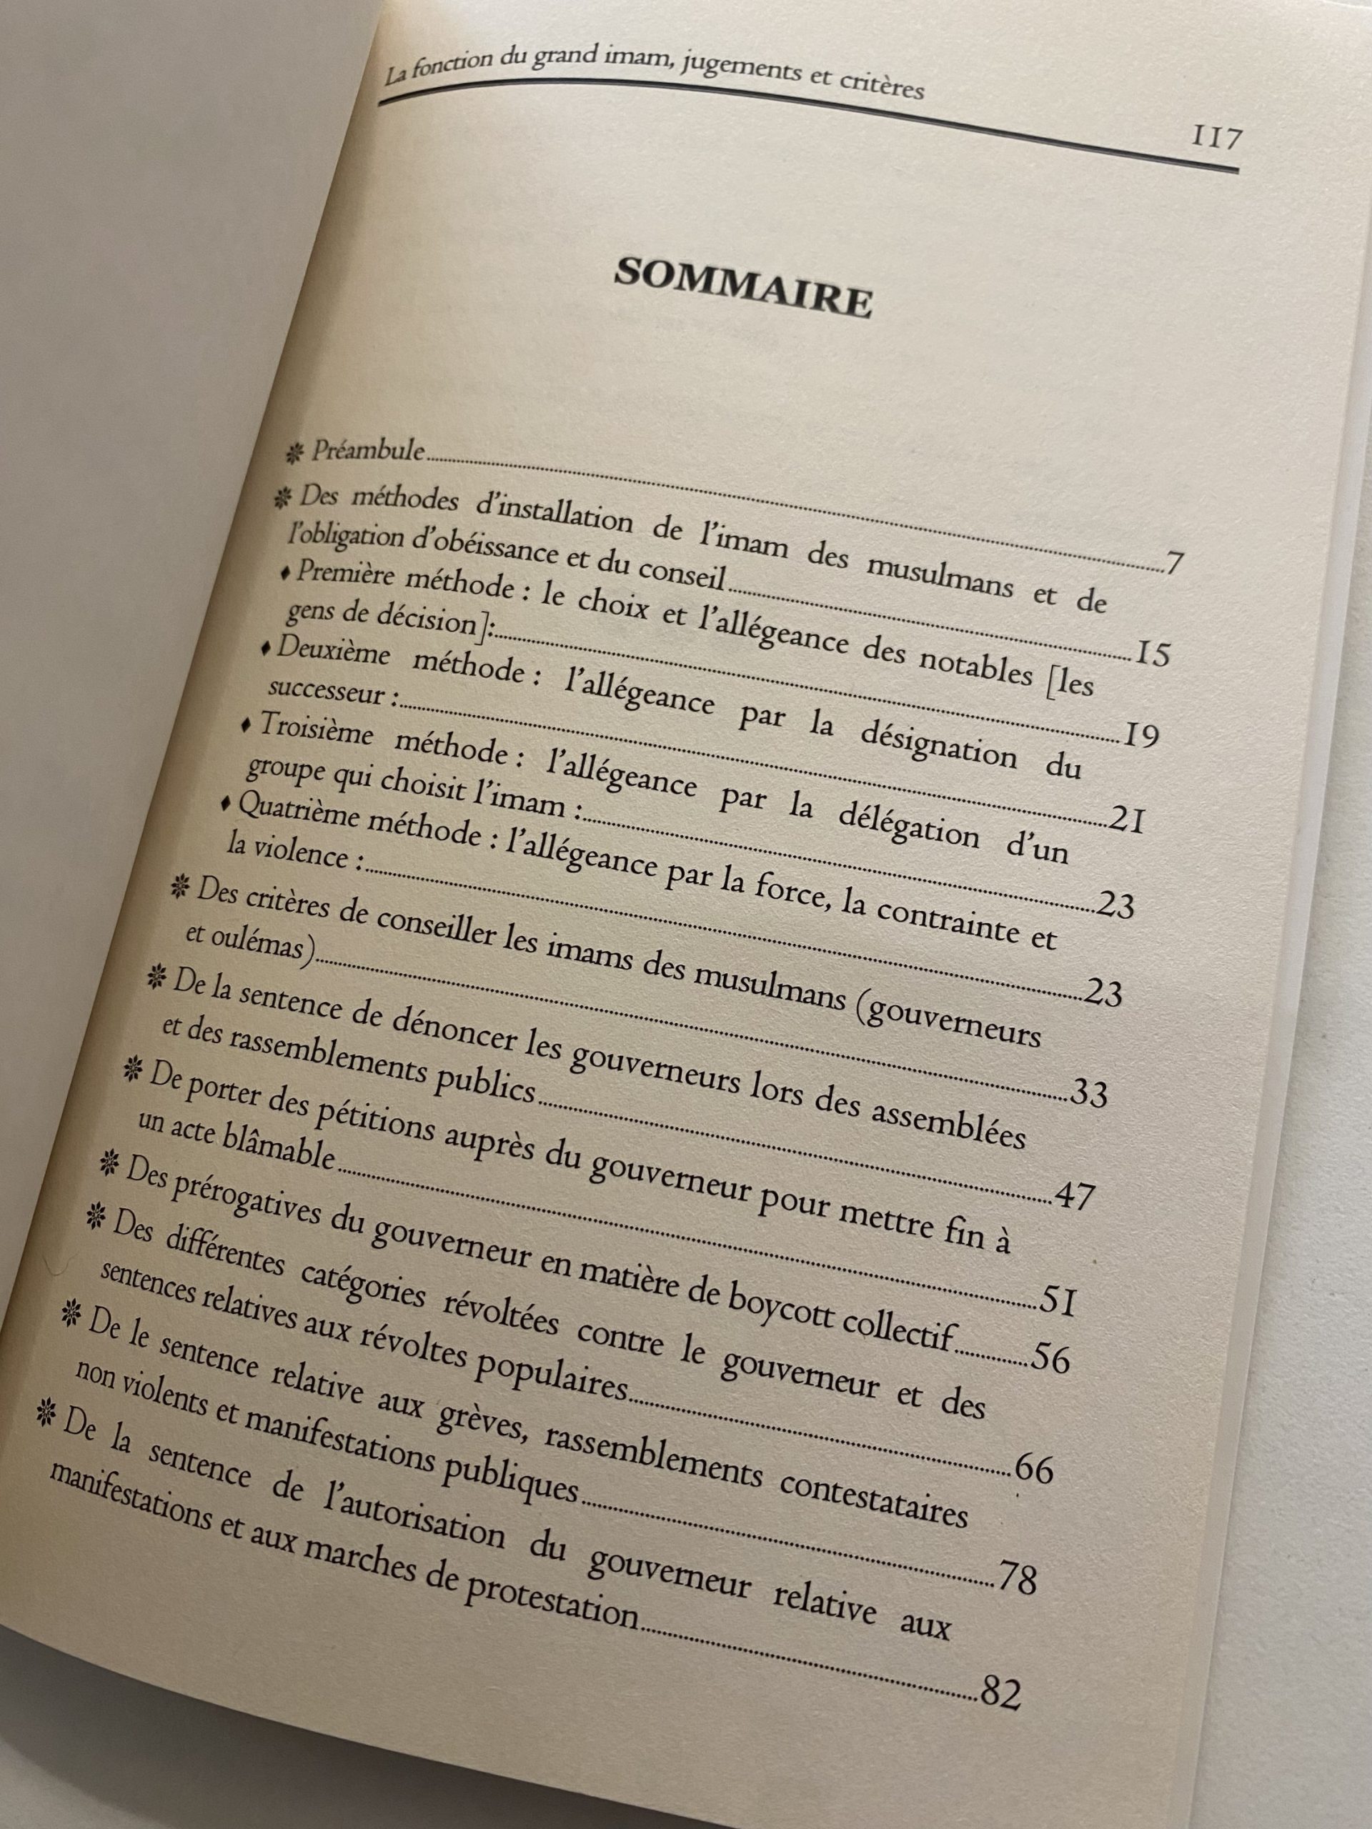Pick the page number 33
point(1088,1095)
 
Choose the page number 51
point(1058,1302)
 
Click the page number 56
point(1050,1360)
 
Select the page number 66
point(1034,1471)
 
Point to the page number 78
point(1018,1578)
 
